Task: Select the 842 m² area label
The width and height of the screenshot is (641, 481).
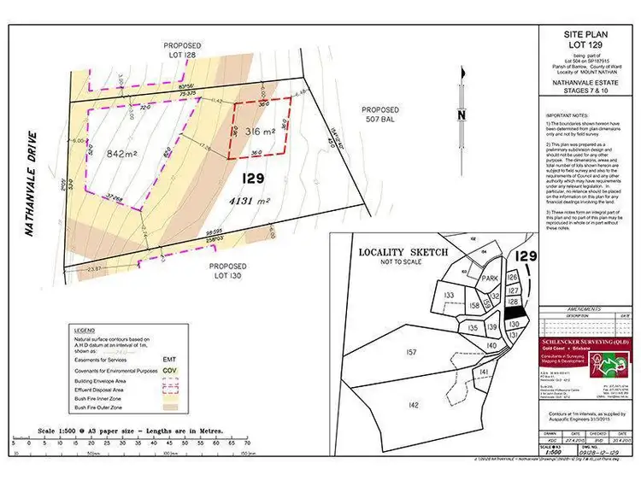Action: (x=124, y=154)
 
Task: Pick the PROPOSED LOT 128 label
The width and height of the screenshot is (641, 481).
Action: (x=183, y=50)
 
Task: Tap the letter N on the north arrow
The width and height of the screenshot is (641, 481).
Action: (x=460, y=116)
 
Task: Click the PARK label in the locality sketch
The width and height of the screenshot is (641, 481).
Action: (x=488, y=279)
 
